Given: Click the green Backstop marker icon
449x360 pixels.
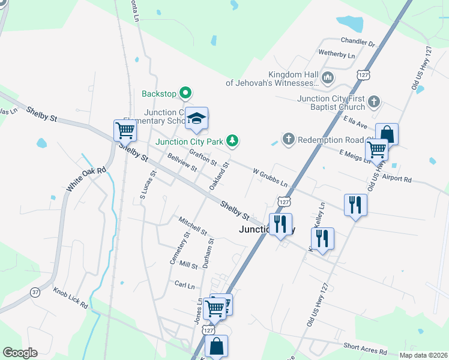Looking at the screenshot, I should coord(185,93).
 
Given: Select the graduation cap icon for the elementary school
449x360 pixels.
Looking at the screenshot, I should coord(196,119).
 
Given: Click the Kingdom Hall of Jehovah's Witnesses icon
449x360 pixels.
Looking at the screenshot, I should coord(328,77).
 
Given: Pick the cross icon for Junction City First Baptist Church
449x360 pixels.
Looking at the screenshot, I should coord(374,101).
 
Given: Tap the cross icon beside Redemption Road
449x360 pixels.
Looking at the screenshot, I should coord(288,139).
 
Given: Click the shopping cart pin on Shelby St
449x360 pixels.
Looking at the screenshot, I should coord(125,130).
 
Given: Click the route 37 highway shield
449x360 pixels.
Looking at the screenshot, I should coord(35,292).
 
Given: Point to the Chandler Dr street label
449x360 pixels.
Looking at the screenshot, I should coord(357,43).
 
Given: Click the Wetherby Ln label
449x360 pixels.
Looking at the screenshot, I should coord(337,55).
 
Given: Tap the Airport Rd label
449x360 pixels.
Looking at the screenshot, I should coord(396,179).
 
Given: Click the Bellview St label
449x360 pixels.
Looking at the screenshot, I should coord(182,163).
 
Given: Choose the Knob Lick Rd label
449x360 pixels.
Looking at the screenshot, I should coord(70,297).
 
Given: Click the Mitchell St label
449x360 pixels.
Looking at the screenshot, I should coord(193,226).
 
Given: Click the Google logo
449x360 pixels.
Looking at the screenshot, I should coord(20,353).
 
